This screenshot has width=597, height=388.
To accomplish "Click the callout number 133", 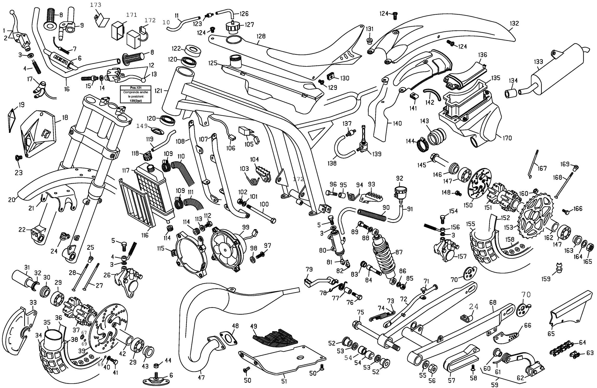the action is click(538, 62).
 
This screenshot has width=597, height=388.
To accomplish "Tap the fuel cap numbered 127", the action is click(233, 26).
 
